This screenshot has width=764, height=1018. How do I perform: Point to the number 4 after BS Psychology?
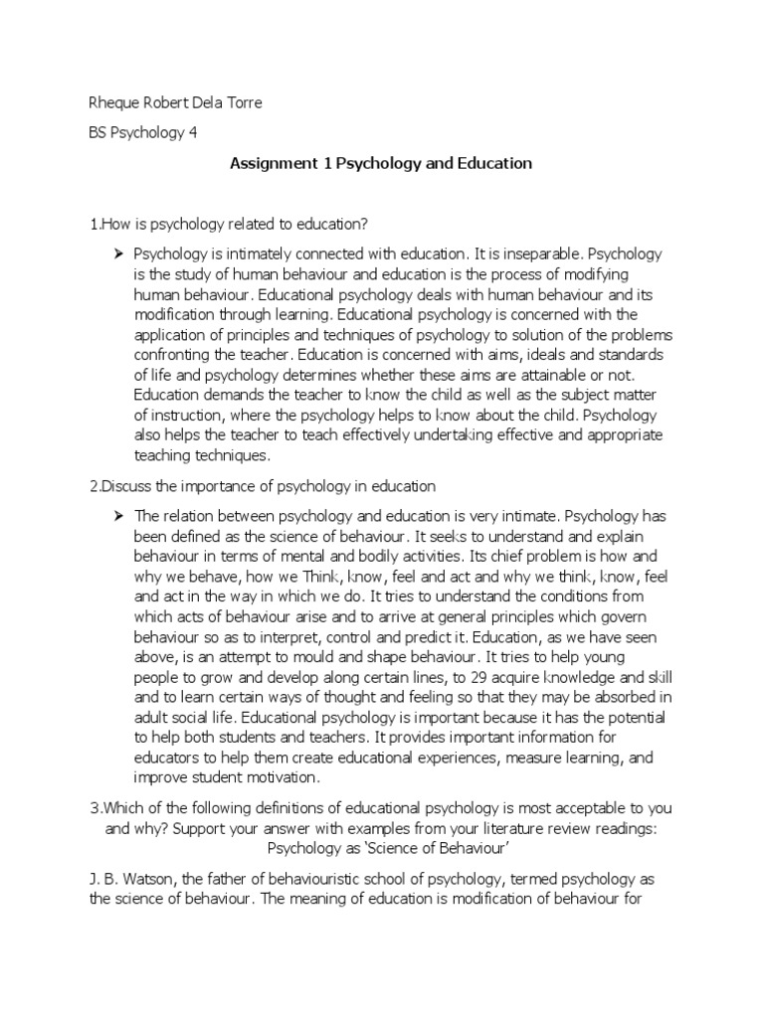point(194,134)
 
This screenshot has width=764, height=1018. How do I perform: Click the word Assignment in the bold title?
point(268,164)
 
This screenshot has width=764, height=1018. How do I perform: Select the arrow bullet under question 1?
point(120,254)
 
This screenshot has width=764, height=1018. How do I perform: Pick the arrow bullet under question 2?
point(120,516)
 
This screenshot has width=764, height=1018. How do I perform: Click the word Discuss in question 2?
point(126,486)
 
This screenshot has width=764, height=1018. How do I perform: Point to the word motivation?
point(283,777)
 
